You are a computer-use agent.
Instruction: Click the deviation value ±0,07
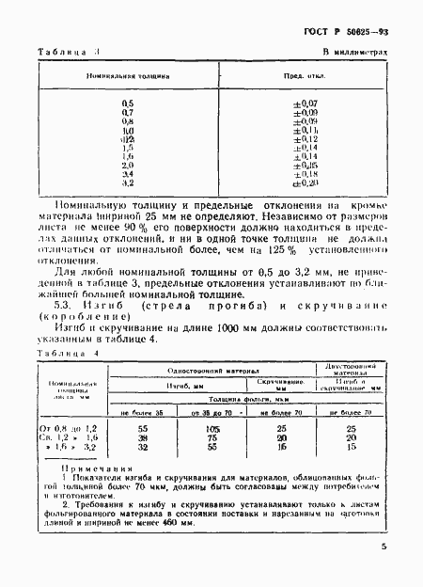click(305, 103)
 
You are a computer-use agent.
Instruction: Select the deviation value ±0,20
click(305, 182)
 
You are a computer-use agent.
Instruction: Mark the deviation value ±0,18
click(305, 174)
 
